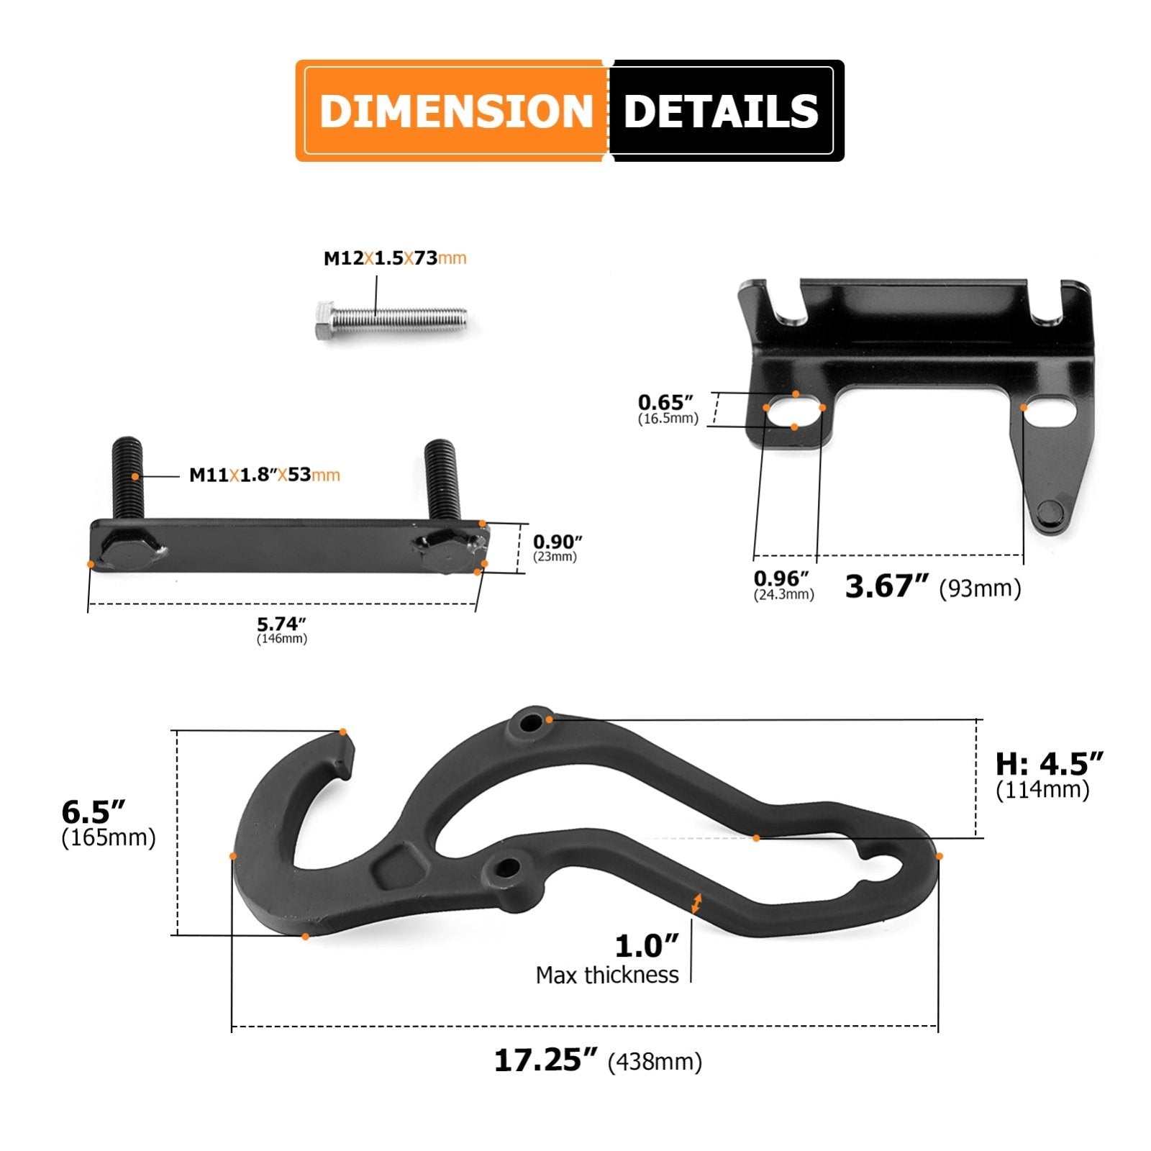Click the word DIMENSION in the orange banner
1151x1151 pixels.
[455, 112]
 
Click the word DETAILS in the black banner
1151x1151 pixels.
[720, 112]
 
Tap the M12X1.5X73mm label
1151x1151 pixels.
[394, 258]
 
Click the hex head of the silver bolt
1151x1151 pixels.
[324, 319]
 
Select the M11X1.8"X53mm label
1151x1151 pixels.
[264, 475]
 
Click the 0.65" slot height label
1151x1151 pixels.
[665, 403]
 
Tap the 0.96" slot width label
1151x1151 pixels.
[781, 578]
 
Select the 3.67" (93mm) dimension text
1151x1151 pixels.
[932, 587]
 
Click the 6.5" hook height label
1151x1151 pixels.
[94, 812]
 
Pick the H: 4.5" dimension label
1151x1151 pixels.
[1049, 763]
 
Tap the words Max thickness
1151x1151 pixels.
[606, 975]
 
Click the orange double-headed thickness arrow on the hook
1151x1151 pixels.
[695, 904]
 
